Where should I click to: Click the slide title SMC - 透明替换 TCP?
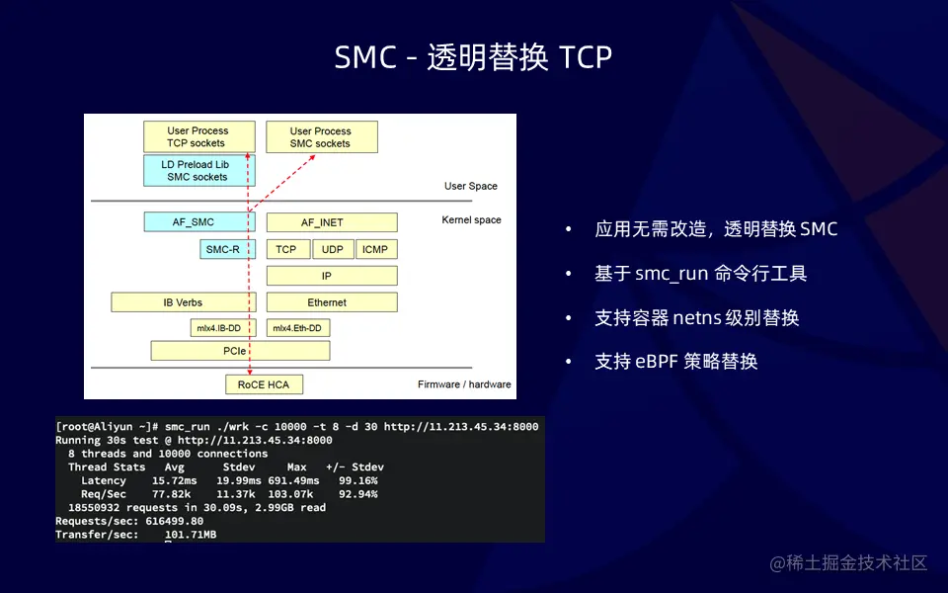tap(473, 57)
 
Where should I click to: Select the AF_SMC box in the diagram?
tap(194, 222)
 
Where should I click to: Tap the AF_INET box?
tap(322, 222)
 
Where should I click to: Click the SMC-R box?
tap(222, 250)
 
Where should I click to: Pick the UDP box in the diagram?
tap(333, 250)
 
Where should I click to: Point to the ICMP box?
tap(375, 250)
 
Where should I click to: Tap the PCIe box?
tap(240, 351)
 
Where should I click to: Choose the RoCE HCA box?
tap(264, 384)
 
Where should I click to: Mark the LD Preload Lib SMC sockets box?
tap(197, 170)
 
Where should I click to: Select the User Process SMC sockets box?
tap(320, 137)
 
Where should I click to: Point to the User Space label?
tap(471, 186)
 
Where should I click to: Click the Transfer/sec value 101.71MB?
tap(191, 535)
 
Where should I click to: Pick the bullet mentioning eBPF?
tap(675, 362)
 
